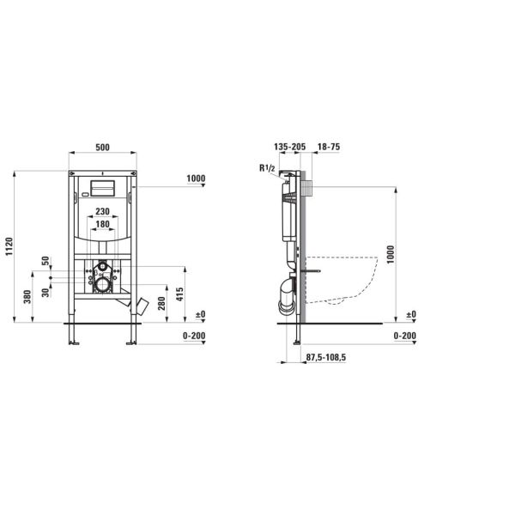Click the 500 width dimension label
click(x=102, y=148)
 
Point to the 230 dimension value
click(x=102, y=211)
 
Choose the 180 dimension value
click(x=102, y=224)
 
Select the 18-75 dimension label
click(x=328, y=148)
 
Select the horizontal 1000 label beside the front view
click(x=196, y=179)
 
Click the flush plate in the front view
click(x=102, y=188)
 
